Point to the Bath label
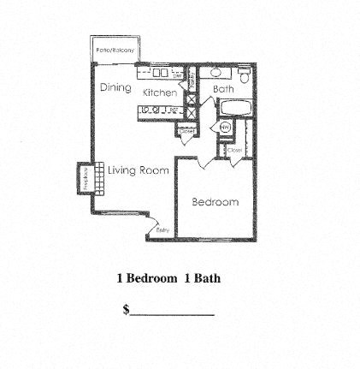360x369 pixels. (x=223, y=87)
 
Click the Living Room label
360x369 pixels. (x=138, y=170)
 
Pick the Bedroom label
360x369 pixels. (x=215, y=202)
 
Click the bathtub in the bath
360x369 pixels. (x=232, y=110)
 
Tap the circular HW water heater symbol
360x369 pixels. (x=226, y=128)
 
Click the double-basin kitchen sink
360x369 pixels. (x=161, y=73)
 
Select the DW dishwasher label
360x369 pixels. (x=177, y=75)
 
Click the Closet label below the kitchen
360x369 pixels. (x=186, y=130)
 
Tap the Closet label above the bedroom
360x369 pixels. (x=234, y=151)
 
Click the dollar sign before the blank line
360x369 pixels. (x=126, y=310)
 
